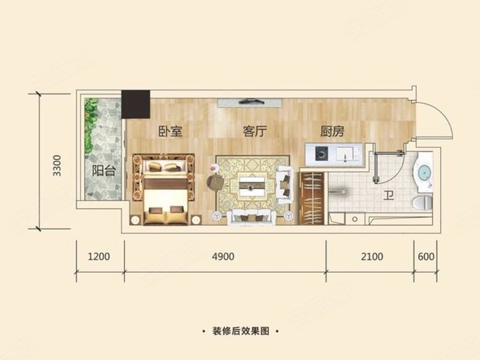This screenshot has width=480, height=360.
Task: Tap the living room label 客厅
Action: tap(254, 132)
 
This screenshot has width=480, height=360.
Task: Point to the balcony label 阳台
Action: tap(101, 170)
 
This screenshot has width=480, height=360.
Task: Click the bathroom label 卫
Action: tap(388, 194)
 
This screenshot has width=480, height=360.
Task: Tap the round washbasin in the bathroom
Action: tap(422, 170)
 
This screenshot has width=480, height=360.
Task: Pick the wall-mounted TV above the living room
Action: tap(249, 102)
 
